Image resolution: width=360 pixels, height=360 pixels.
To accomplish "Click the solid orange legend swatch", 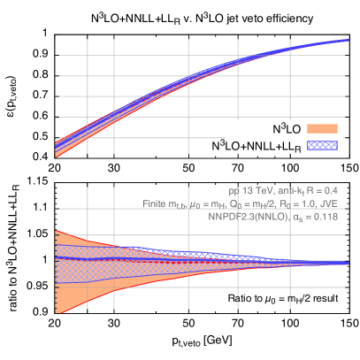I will click(x=322, y=129).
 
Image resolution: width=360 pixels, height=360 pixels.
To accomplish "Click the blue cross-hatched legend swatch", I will click(x=322, y=143).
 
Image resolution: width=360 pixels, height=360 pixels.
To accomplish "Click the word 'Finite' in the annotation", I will click(x=155, y=203).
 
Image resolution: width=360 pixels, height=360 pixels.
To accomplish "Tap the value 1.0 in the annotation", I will click(x=305, y=203).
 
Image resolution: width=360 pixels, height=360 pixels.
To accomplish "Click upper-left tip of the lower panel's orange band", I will click(x=57, y=231).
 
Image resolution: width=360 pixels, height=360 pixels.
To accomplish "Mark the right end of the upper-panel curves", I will click(x=348, y=40).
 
